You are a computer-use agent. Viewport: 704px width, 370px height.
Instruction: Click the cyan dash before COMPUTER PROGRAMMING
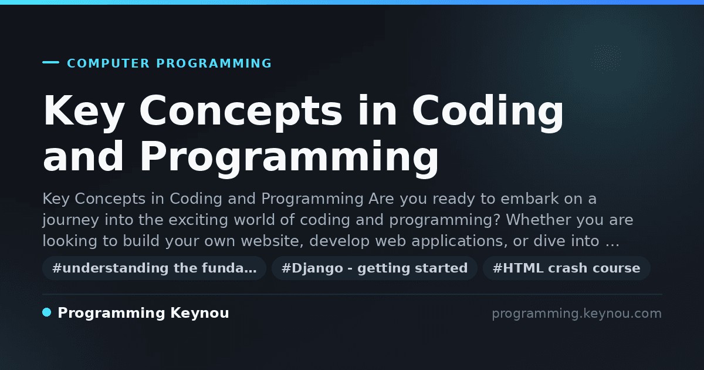(50, 62)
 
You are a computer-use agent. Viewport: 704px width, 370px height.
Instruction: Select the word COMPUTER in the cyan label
(109, 63)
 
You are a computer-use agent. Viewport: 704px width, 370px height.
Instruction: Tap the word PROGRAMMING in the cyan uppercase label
(214, 63)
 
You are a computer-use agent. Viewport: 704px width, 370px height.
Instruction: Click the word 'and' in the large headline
(83, 156)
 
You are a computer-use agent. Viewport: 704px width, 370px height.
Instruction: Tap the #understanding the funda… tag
(154, 268)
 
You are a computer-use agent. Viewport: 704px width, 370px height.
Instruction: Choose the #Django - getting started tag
(375, 268)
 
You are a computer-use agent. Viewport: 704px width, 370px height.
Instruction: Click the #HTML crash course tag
(567, 268)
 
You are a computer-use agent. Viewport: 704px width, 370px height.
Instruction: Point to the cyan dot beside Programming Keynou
(47, 312)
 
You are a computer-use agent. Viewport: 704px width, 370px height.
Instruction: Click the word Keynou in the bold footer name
(199, 314)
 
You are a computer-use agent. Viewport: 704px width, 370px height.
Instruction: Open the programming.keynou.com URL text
(577, 314)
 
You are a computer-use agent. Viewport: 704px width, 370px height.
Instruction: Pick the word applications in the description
(459, 241)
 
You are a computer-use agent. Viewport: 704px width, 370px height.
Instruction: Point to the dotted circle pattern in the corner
(606, 58)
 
